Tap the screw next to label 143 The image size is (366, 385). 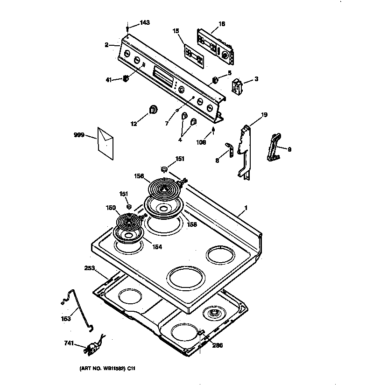pyautogui.click(x=128, y=29)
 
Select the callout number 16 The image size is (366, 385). pyautogui.click(x=222, y=24)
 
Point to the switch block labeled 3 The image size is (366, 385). pyautogui.click(x=238, y=86)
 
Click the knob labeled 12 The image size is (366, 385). pyautogui.click(x=153, y=110)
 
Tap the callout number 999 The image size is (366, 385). pyautogui.click(x=79, y=135)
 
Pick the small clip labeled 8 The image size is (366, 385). pyautogui.click(x=230, y=149)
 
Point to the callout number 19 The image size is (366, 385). pyautogui.click(x=264, y=115)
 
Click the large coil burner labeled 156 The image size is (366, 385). pyautogui.click(x=164, y=189)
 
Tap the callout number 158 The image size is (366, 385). pyautogui.click(x=192, y=224)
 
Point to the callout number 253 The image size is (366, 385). pyautogui.click(x=89, y=268)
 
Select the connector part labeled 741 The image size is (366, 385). pyautogui.click(x=92, y=348)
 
